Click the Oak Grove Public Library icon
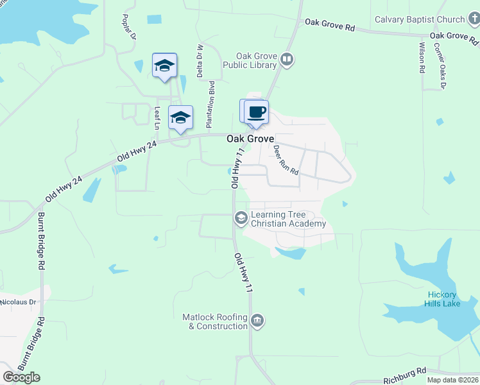tap(287, 60)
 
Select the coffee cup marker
tap(256, 112)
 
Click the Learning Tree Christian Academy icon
tap(241, 219)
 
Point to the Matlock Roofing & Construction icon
tap(257, 321)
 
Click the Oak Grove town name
tap(250, 139)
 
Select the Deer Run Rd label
tap(286, 160)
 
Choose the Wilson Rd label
tap(422, 58)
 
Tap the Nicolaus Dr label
tap(17, 302)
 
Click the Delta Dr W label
tap(200, 62)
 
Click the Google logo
tap(21, 377)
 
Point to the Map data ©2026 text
tap(452, 380)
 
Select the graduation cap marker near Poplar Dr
tap(164, 65)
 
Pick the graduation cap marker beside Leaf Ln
tap(180, 117)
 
